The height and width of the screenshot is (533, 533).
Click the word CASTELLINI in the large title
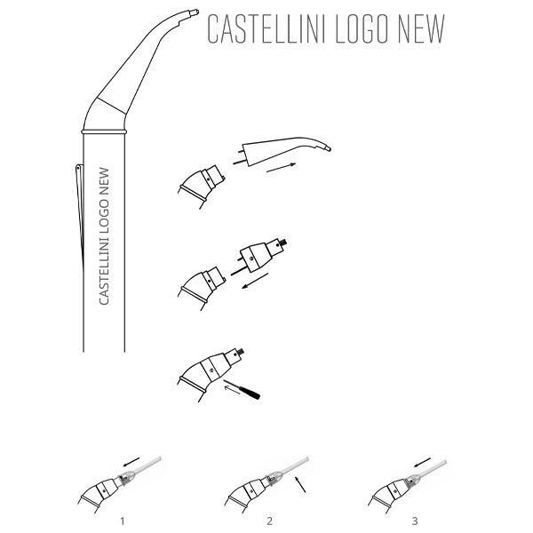265,29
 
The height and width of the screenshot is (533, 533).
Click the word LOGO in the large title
362,29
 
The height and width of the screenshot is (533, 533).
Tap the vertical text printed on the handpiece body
104,236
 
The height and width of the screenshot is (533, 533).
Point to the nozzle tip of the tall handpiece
195,12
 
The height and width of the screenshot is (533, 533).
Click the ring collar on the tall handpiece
104,131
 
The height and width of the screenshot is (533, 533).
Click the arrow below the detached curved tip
281,168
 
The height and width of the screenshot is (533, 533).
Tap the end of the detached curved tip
327,148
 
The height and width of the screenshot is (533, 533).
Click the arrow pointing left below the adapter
255,281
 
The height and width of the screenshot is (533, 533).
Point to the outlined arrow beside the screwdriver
232,390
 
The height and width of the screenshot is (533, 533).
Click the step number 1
123,521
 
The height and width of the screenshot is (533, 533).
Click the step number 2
269,521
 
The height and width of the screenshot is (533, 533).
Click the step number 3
415,521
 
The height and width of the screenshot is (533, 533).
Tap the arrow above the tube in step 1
131,462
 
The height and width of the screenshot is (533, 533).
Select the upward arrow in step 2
300,484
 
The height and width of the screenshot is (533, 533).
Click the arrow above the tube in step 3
423,462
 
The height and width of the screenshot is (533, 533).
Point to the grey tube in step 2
294,465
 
